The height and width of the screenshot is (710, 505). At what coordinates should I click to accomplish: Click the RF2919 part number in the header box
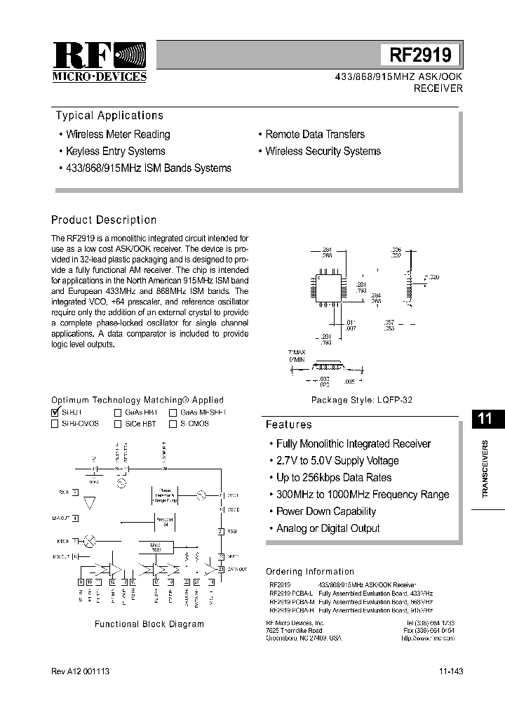click(x=420, y=55)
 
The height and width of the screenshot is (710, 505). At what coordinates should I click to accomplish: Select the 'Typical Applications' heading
click(x=109, y=116)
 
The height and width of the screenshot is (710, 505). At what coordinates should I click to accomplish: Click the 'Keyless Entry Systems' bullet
click(x=116, y=152)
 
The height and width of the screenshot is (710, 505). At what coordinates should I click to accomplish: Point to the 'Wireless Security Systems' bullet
click(x=323, y=152)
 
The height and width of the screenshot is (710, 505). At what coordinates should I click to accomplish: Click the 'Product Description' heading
click(x=104, y=220)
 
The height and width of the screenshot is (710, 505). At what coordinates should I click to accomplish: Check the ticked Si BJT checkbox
click(x=55, y=413)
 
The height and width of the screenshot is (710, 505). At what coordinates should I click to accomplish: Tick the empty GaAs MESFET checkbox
click(x=173, y=413)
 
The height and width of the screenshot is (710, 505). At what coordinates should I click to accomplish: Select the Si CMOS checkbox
click(x=173, y=424)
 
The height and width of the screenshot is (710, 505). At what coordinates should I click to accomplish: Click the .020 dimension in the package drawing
click(x=433, y=278)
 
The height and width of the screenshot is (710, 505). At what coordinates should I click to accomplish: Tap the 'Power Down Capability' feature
click(x=326, y=511)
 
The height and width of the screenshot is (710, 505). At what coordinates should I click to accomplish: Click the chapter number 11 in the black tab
click(x=485, y=420)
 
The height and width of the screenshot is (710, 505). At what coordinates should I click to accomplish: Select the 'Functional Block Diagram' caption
click(x=149, y=624)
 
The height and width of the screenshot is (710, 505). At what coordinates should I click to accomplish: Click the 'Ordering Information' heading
click(x=310, y=572)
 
